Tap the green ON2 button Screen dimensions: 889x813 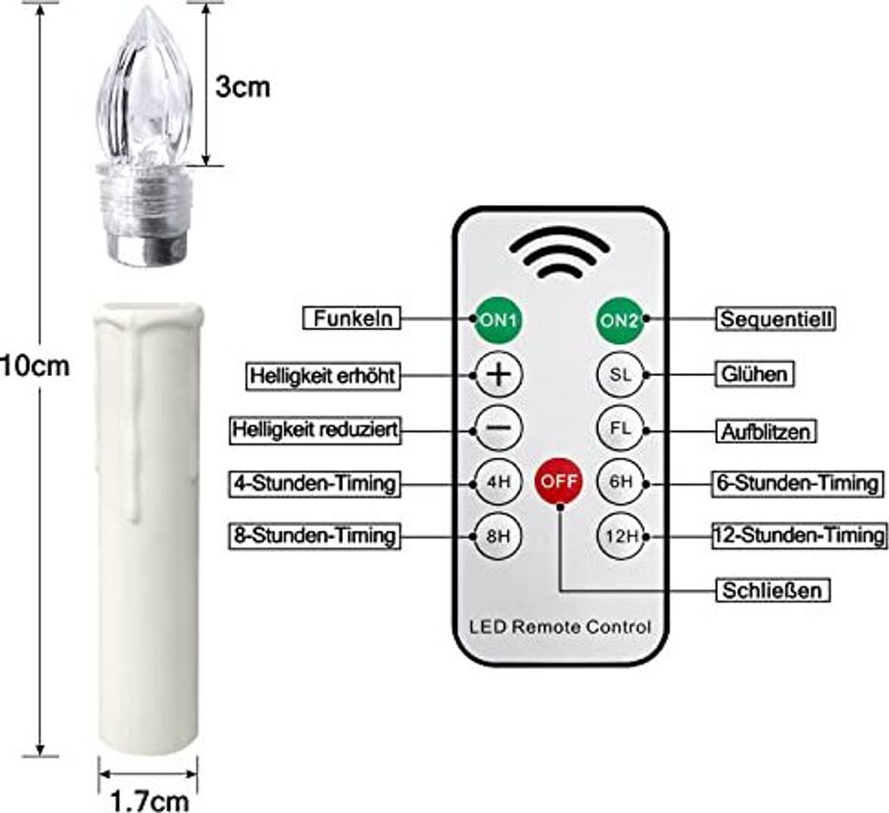tap(620, 321)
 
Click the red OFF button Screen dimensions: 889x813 tap(558, 481)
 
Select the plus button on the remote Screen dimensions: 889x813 tap(498, 374)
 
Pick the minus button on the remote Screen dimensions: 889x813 tap(498, 427)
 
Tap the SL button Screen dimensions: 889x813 tap(620, 374)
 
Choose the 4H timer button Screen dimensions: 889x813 tap(498, 482)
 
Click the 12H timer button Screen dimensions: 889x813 tap(622, 536)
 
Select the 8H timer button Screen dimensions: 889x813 tap(498, 536)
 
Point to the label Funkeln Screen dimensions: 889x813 tap(352, 318)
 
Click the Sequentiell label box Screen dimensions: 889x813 tap(776, 319)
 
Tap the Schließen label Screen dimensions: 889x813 tap(772, 591)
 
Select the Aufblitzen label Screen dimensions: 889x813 tap(766, 432)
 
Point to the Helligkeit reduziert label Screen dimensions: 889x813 tap(315, 429)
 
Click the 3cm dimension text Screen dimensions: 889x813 tap(243, 88)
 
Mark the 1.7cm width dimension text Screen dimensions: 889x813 tap(149, 801)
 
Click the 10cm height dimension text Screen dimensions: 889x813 tap(35, 366)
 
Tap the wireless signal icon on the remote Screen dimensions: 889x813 tap(559, 255)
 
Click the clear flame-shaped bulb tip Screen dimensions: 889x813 tap(145, 85)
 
